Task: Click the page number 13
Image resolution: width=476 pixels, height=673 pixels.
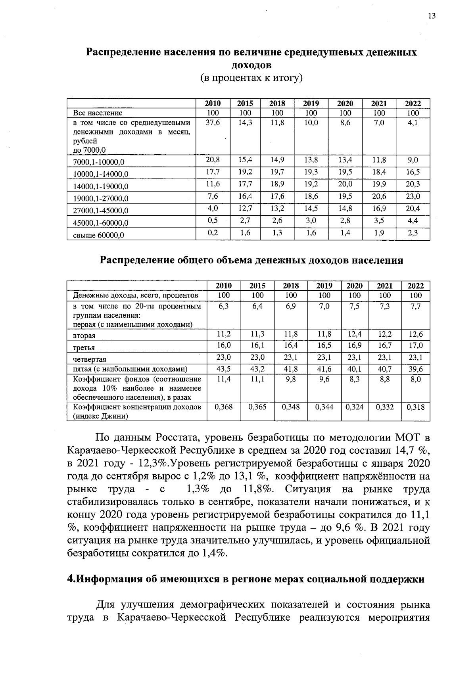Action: [x=432, y=16]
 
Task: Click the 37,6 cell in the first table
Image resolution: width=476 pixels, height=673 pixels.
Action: [x=213, y=123]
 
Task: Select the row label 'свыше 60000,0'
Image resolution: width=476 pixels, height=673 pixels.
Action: [x=99, y=235]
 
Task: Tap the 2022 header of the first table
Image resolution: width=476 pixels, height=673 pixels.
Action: [x=413, y=104]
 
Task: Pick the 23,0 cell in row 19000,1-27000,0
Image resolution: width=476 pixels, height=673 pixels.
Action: [x=413, y=196]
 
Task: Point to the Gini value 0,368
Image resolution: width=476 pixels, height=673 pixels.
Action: [x=223, y=407]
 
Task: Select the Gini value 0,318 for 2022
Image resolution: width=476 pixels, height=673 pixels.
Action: [x=416, y=407]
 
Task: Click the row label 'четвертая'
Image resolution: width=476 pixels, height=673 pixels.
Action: [x=90, y=360]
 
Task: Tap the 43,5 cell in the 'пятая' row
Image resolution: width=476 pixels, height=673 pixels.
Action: [x=223, y=369]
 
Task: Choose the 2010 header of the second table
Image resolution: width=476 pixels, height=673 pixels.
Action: [x=223, y=286]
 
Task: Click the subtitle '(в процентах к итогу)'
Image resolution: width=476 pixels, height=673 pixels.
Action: [x=251, y=77]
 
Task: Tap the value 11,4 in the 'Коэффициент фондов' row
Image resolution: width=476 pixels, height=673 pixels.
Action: [x=223, y=379]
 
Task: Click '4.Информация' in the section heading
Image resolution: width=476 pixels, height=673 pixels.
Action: [x=102, y=579]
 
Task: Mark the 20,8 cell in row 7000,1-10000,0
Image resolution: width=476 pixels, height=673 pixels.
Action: [x=213, y=160]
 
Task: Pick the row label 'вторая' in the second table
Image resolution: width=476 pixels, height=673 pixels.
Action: [x=84, y=336]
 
